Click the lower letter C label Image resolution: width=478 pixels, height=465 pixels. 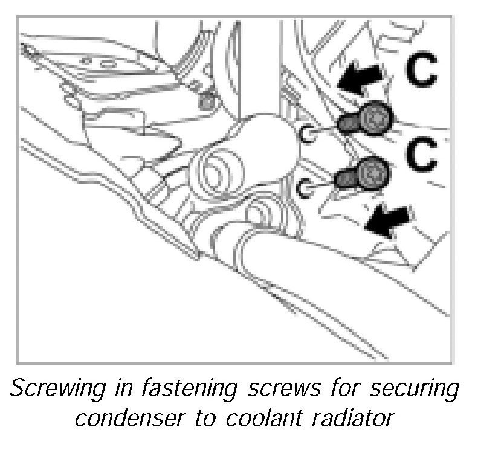pyautogui.click(x=421, y=155)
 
